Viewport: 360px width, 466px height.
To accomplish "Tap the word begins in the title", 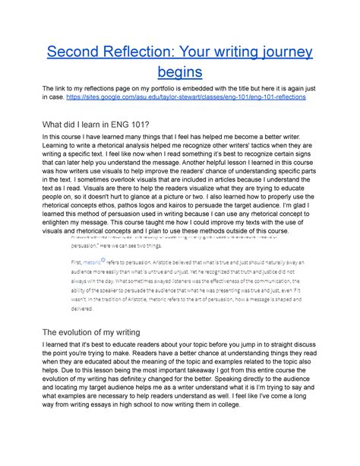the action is [180, 72].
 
